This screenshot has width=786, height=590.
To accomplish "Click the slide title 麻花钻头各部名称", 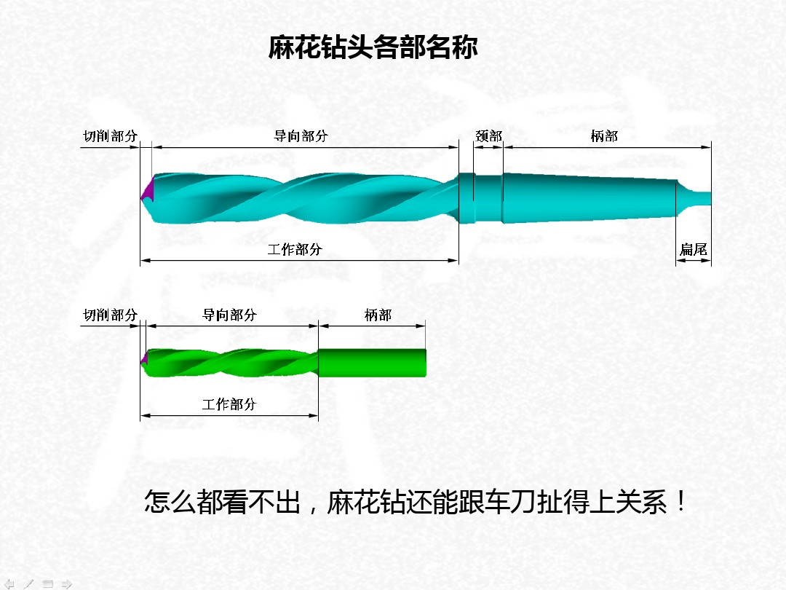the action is [x=373, y=47].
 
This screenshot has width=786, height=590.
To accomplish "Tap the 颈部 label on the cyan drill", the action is [x=488, y=136].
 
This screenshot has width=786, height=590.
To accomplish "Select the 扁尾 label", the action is [x=693, y=250].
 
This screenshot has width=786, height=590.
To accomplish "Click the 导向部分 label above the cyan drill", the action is [x=301, y=136].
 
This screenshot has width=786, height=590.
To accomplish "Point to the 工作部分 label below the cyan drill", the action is [x=295, y=250].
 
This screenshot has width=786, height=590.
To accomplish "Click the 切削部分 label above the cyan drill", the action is [x=110, y=136].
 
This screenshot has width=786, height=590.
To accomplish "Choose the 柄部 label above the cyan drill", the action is [x=604, y=136].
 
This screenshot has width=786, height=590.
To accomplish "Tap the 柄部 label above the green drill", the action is [x=378, y=315].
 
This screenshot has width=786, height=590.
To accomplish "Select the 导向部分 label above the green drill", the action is [x=229, y=315].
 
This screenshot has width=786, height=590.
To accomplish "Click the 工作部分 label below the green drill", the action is [x=229, y=404].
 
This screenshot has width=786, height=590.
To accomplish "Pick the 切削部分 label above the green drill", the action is [x=110, y=315].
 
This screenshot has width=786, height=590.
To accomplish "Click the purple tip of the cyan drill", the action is [x=148, y=190].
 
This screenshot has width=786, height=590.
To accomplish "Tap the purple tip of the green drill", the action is [x=145, y=358].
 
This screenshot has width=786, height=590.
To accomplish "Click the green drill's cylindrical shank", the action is [x=371, y=363].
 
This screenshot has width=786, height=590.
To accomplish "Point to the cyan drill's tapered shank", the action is [x=589, y=198].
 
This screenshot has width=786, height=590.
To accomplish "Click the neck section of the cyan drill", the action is [x=488, y=198].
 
